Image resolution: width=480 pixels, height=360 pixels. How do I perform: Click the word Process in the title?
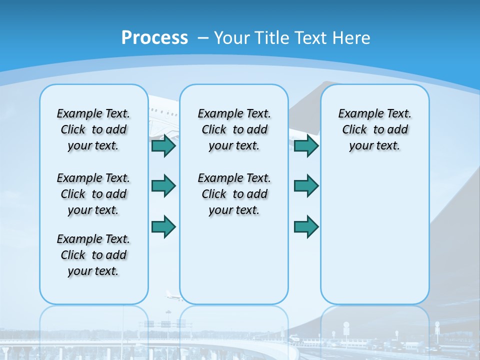(154, 38)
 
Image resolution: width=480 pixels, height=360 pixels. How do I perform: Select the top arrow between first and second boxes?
(163, 146)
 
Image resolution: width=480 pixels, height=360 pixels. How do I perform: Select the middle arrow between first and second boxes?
(163, 186)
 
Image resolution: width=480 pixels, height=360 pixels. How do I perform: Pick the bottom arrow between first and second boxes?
(163, 227)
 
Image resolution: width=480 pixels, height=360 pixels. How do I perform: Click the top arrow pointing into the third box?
(306, 146)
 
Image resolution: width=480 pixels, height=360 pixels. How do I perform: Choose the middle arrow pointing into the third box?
(306, 186)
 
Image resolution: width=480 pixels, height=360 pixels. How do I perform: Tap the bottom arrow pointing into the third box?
(306, 227)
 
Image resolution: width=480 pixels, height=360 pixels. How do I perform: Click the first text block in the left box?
(93, 129)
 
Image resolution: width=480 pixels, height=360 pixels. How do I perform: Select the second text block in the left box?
(93, 194)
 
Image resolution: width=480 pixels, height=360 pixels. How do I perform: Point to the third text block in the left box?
(93, 255)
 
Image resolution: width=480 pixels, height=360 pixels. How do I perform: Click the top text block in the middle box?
(234, 129)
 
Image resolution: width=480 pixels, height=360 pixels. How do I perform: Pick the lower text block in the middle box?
(234, 194)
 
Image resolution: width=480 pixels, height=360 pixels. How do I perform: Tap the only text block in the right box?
(374, 129)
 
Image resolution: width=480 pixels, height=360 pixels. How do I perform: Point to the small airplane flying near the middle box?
(173, 296)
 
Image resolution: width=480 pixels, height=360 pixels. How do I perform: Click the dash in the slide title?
(203, 38)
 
